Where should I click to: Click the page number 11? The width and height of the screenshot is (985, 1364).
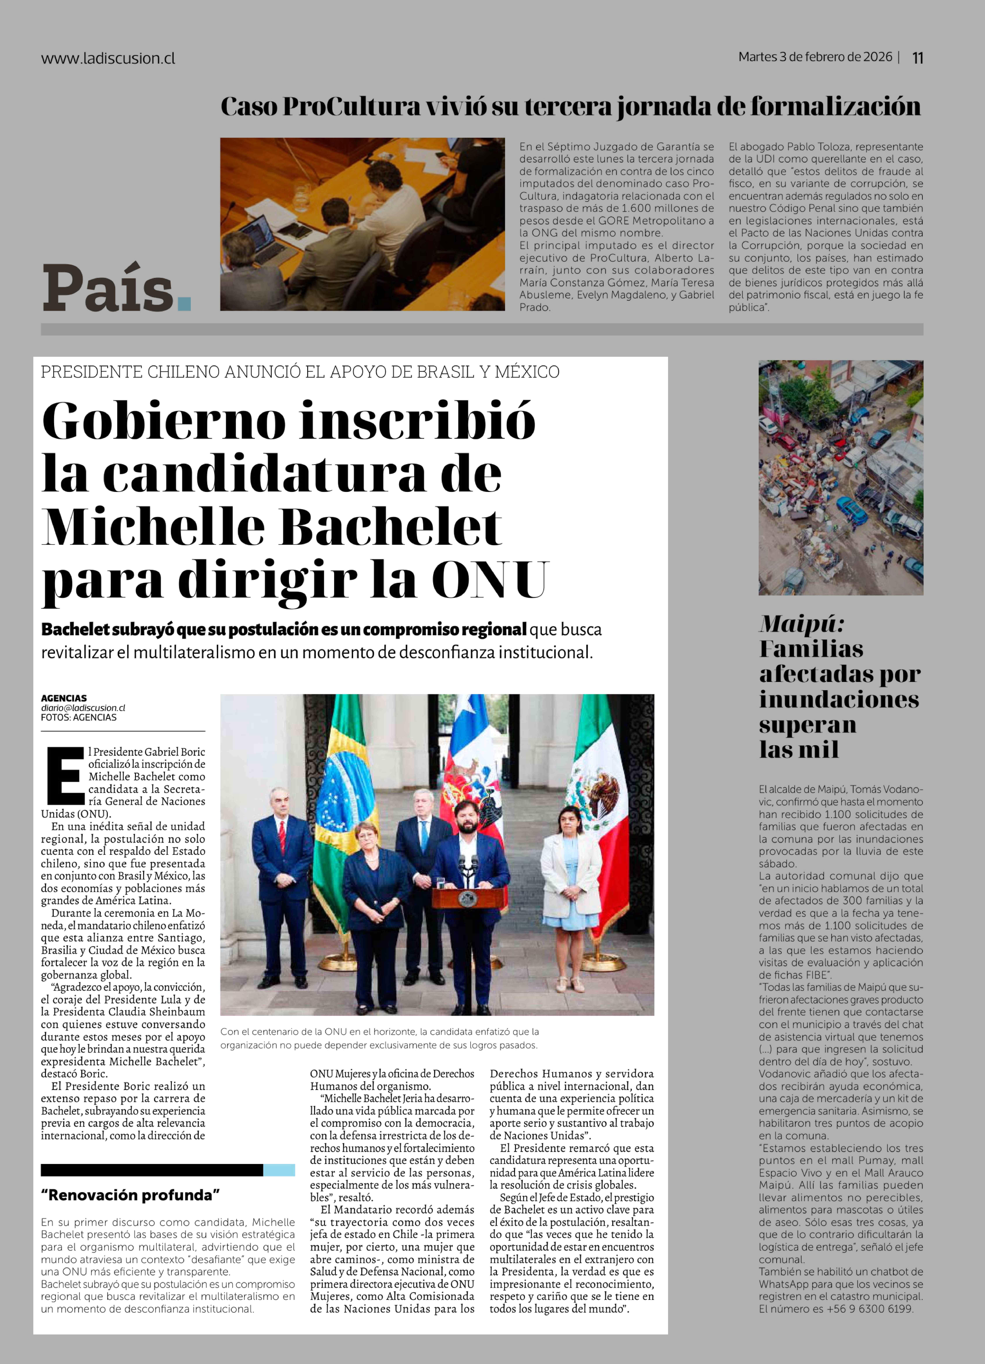918,58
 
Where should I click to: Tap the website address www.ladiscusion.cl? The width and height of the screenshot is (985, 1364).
108,58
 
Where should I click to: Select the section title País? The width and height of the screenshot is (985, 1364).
108,289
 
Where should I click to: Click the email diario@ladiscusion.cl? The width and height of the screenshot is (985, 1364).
83,708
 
